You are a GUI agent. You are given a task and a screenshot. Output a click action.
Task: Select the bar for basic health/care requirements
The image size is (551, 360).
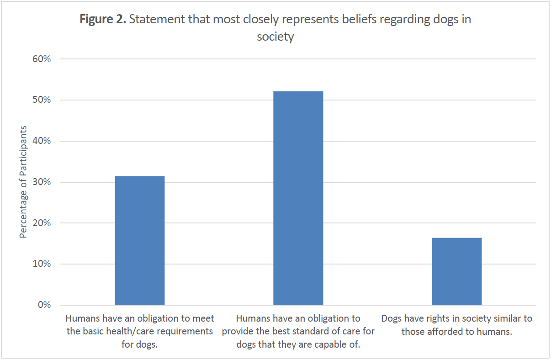coord(139,240)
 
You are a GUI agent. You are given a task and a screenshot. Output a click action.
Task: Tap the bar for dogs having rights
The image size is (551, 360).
coord(456,271)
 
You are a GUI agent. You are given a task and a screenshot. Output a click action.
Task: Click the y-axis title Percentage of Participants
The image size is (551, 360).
coord(23,182)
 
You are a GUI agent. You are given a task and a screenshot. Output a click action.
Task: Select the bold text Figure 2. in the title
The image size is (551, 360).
coord(103,20)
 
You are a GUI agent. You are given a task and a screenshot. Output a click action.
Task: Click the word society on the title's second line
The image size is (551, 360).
coord(275,37)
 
